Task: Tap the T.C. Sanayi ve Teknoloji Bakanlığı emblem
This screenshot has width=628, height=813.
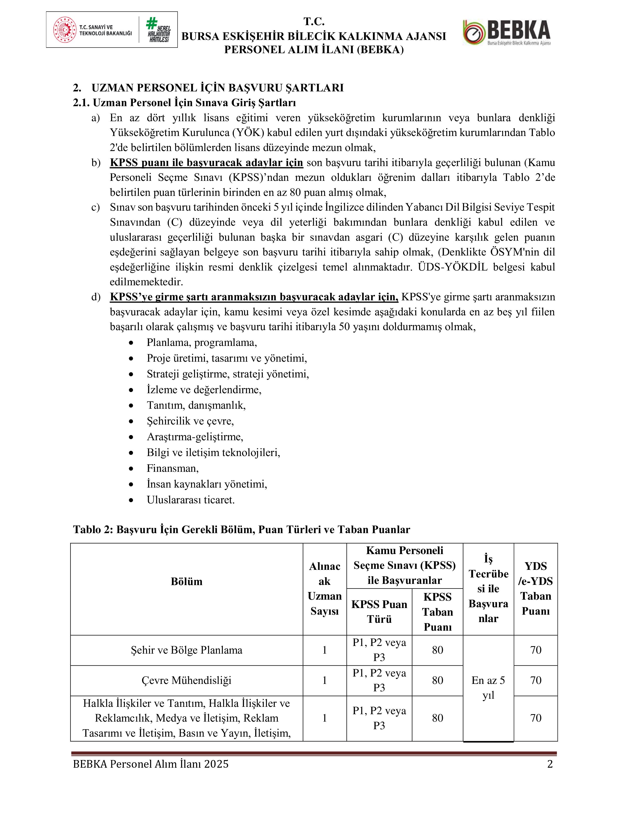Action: (65, 30)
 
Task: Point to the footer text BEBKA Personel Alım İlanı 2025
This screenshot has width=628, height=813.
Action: (151, 764)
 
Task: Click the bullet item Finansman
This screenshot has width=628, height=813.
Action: (173, 468)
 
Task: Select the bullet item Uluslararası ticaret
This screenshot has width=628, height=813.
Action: (190, 500)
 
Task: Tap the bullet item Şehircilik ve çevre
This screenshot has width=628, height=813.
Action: (190, 421)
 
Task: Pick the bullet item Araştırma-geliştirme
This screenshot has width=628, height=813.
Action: (195, 437)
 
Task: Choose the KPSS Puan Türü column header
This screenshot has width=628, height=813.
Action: (379, 612)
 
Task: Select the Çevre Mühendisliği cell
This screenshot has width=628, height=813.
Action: (186, 680)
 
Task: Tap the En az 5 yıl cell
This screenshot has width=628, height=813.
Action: (488, 688)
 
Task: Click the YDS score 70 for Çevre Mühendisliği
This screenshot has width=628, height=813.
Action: (535, 680)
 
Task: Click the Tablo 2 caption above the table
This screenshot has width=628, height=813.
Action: (241, 529)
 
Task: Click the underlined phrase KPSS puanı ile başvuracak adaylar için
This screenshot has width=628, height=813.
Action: (206, 163)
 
